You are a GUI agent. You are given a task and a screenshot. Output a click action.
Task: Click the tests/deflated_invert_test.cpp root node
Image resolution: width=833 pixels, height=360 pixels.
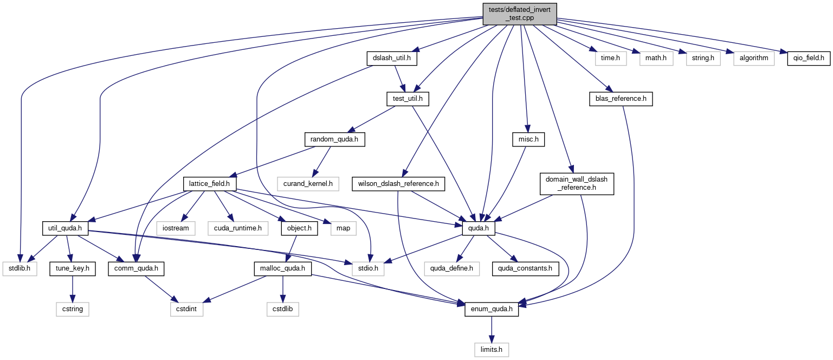(520, 14)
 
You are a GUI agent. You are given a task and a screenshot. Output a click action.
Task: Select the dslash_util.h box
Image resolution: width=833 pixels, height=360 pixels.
(392, 59)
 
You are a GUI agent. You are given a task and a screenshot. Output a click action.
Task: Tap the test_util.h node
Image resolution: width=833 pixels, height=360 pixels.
(408, 99)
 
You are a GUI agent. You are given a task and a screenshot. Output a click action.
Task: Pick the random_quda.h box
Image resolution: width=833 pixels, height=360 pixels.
(334, 139)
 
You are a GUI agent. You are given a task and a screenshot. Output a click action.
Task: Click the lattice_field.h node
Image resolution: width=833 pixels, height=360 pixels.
(209, 184)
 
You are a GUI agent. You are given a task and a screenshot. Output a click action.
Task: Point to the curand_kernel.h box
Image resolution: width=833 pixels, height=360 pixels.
(308, 184)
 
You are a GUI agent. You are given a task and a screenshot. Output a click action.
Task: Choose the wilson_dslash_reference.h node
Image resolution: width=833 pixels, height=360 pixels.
(398, 184)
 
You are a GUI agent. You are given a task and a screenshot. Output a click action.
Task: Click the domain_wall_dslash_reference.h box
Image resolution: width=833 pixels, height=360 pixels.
(577, 184)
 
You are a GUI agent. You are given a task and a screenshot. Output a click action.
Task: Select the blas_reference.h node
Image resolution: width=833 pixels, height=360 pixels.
(621, 99)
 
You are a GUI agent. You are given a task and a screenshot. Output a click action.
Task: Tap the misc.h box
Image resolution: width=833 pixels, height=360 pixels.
(528, 139)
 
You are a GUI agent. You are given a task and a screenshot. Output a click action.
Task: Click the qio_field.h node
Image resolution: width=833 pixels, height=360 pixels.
(809, 59)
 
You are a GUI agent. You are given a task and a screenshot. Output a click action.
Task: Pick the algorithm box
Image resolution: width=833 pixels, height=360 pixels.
(754, 59)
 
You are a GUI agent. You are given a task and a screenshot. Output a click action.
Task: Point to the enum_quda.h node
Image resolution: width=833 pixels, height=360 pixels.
(492, 309)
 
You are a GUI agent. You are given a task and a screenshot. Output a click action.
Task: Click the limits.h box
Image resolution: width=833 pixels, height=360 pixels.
(491, 350)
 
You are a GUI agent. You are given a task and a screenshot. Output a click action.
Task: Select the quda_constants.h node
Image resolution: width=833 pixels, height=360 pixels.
(525, 268)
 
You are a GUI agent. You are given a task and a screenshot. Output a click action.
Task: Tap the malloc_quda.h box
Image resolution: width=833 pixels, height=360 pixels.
(282, 268)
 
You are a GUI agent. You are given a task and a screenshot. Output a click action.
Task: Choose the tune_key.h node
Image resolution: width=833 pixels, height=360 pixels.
(73, 268)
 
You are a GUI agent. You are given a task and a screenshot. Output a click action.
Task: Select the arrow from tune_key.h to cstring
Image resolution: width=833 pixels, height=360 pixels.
(73, 289)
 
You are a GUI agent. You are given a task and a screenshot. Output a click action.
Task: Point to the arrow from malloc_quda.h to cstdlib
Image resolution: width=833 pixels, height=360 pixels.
(282, 289)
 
